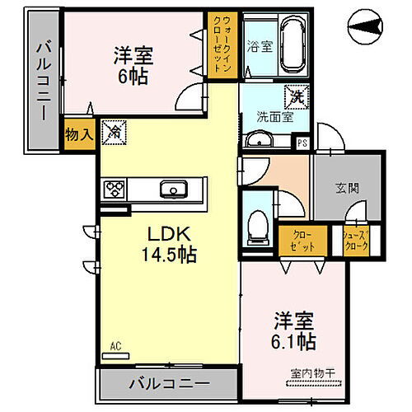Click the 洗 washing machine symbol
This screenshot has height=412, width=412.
(294, 95)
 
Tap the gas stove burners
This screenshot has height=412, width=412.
(113, 189)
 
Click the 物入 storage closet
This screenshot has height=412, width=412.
(79, 134)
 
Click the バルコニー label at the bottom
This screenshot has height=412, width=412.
(168, 382)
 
